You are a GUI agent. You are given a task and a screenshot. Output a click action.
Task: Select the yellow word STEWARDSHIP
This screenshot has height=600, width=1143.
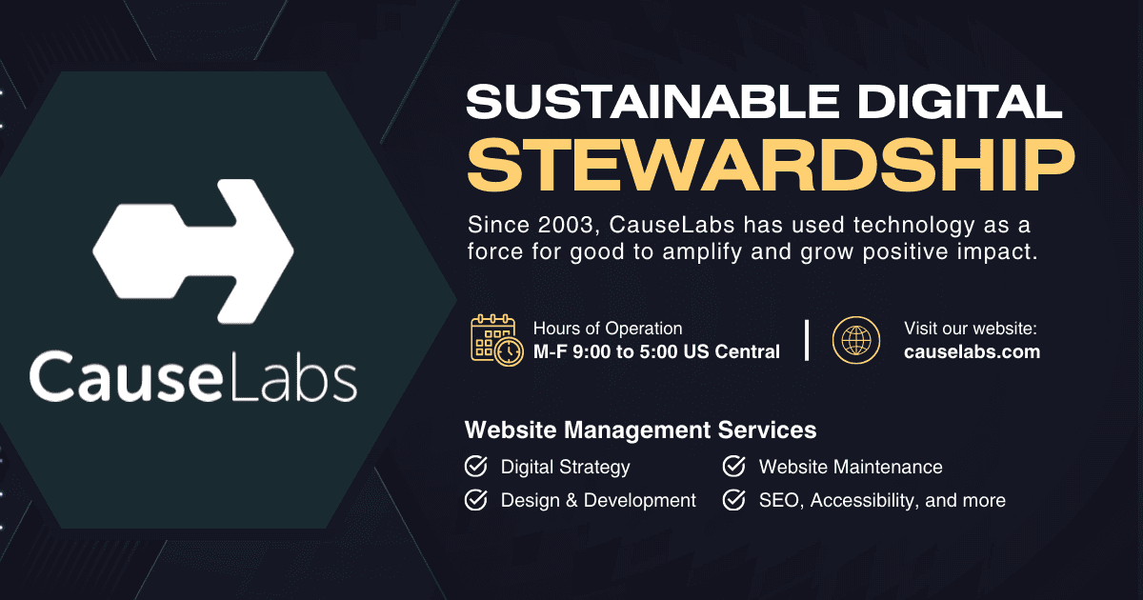[x=765, y=166]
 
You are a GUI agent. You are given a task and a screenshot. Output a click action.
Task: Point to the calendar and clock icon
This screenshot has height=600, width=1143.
[x=496, y=340]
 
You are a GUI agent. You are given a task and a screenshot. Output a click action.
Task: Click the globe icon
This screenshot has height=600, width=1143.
[x=856, y=340]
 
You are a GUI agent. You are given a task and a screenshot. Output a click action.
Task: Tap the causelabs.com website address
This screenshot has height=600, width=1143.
[x=972, y=351]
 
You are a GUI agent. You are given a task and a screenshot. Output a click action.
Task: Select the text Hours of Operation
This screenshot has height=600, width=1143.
[x=608, y=329]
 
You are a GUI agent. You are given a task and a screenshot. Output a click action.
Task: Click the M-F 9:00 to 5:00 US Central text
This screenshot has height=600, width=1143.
[x=656, y=351]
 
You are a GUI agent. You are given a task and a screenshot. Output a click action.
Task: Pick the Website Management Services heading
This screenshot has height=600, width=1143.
[x=640, y=430]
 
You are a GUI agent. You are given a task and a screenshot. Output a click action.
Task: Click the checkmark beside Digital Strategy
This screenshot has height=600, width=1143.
[x=475, y=467]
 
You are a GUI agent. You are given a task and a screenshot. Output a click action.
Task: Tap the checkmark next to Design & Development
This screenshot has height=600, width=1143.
[x=475, y=500]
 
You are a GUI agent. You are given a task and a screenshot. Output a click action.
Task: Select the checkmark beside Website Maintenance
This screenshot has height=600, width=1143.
[x=733, y=467]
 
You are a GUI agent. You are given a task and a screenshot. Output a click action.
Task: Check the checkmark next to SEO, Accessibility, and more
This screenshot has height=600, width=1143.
[x=733, y=500]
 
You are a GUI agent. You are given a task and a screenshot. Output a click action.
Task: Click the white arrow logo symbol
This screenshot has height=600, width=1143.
[x=193, y=250]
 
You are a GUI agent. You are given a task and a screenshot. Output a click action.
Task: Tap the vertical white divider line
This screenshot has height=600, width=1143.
[x=807, y=340]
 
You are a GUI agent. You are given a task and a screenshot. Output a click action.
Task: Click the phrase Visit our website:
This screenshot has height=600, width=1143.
[x=970, y=329]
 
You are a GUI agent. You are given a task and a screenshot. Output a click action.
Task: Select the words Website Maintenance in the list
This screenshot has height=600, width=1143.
[x=851, y=467]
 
